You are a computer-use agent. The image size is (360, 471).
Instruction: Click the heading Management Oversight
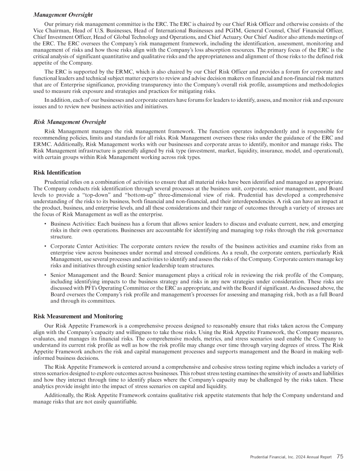tap(63, 15)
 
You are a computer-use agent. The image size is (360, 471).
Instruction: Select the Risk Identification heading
tap(57, 173)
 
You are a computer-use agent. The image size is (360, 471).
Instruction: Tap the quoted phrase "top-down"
tap(148, 195)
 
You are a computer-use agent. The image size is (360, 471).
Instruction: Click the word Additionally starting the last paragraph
tap(60, 395)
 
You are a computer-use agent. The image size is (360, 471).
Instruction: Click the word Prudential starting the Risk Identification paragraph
tap(59, 182)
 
